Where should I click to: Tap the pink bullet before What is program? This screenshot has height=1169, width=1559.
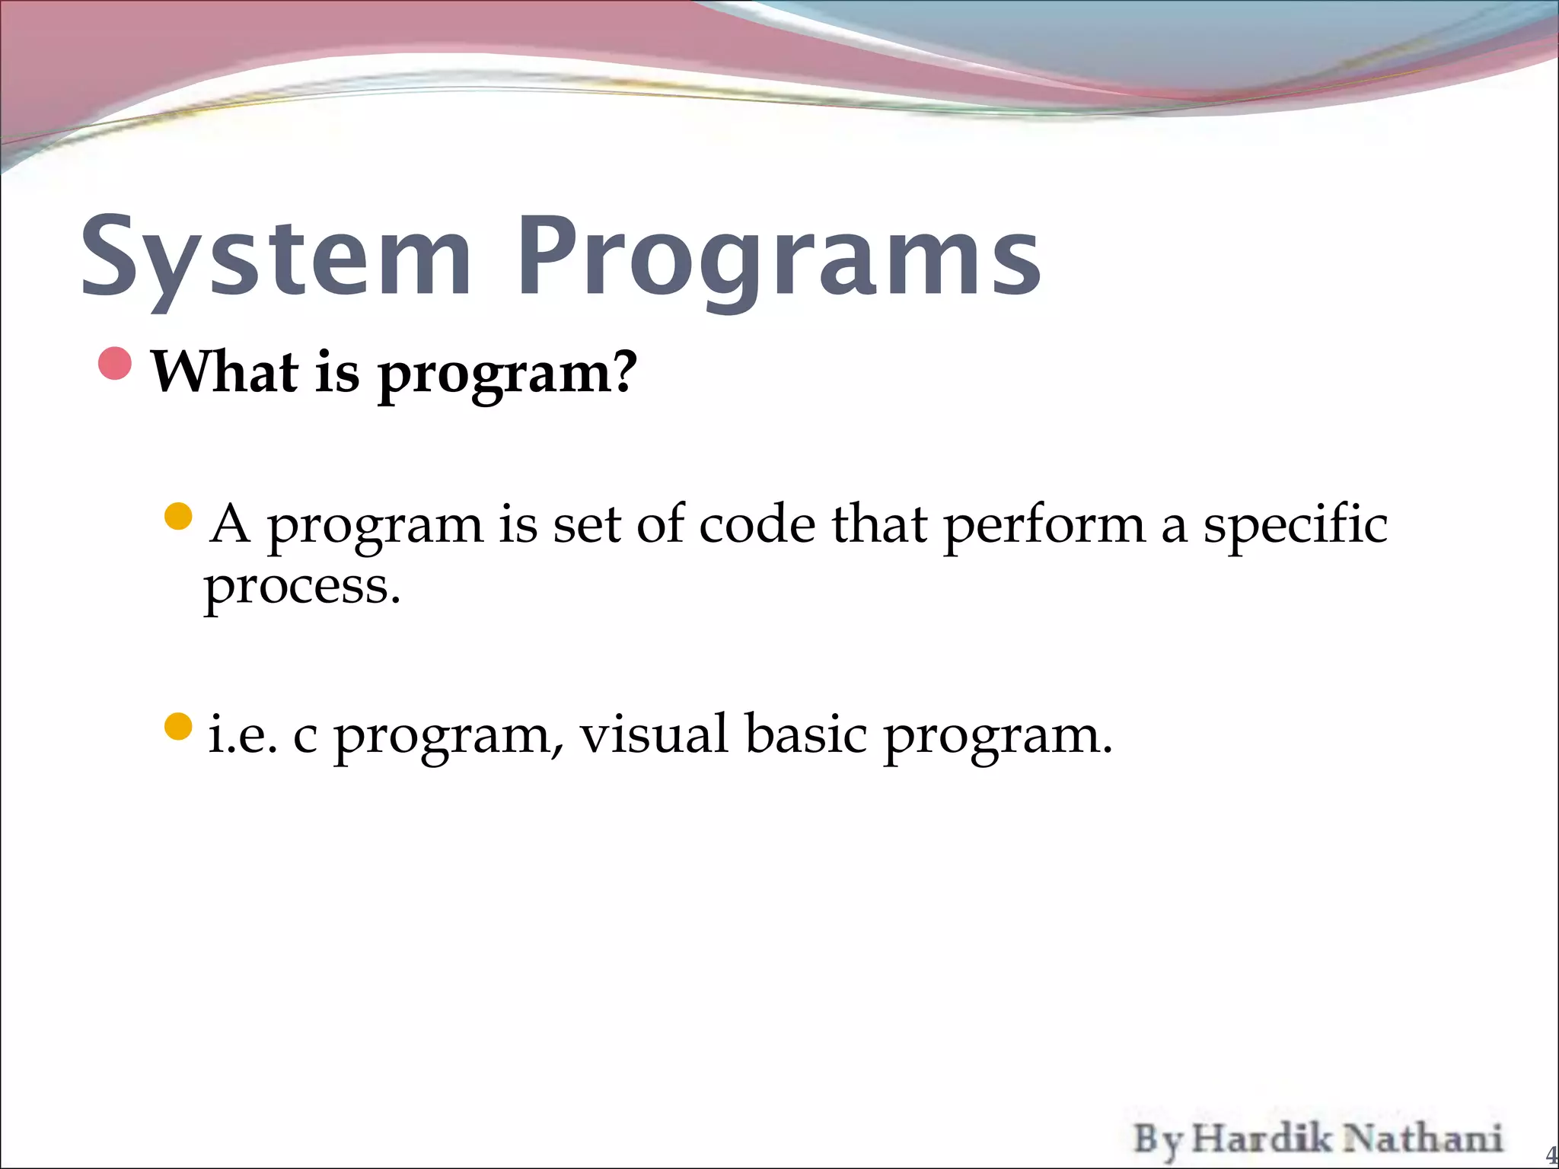click(116, 364)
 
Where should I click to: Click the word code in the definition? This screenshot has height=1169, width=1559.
click(756, 525)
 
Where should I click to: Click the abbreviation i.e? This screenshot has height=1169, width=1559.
click(242, 735)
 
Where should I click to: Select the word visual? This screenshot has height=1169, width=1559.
click(654, 735)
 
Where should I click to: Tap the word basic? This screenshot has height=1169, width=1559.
click(805, 735)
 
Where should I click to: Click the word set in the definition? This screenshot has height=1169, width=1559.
click(585, 525)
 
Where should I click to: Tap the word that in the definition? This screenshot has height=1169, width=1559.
click(878, 525)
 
